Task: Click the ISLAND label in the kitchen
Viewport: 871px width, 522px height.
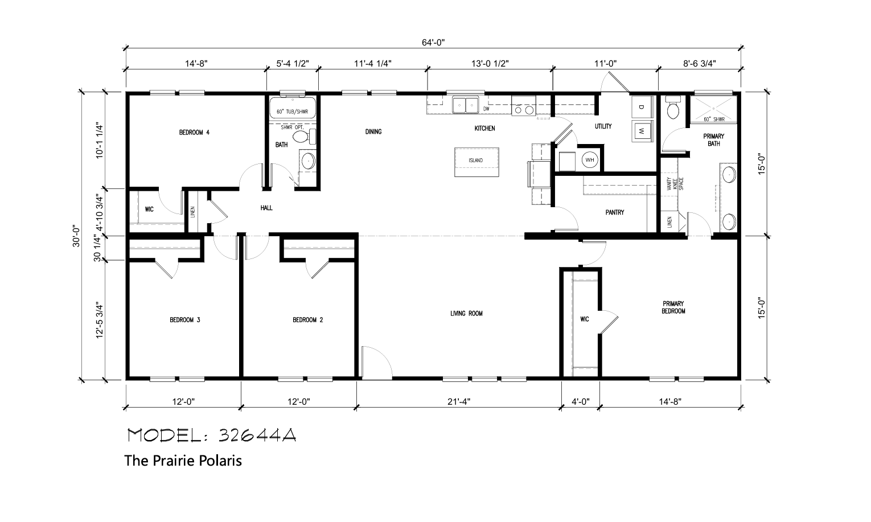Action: click(475, 160)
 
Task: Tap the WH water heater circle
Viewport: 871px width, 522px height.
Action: click(590, 159)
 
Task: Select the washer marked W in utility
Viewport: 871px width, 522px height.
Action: click(642, 131)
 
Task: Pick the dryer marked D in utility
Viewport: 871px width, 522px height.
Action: click(642, 106)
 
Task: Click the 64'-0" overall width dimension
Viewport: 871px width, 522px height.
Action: click(433, 42)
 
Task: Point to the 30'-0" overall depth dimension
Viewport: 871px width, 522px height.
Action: click(76, 236)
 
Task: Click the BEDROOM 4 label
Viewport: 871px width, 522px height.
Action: click(194, 133)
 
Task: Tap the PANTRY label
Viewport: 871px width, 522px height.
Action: click(614, 212)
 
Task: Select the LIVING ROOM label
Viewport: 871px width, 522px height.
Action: click(466, 313)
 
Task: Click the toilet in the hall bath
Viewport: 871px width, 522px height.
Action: click(303, 137)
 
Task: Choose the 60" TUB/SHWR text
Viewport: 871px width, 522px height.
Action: click(292, 112)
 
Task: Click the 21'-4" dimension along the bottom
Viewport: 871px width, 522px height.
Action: click(459, 401)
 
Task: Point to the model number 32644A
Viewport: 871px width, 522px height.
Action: click(257, 435)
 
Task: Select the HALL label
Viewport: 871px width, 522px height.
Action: click(266, 208)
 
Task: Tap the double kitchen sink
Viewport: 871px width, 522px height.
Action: click(465, 105)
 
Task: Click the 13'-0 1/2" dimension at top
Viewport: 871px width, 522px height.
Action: click(490, 63)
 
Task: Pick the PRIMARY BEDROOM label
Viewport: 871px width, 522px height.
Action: click(673, 307)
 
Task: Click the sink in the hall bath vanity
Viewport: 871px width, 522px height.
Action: click(309, 161)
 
